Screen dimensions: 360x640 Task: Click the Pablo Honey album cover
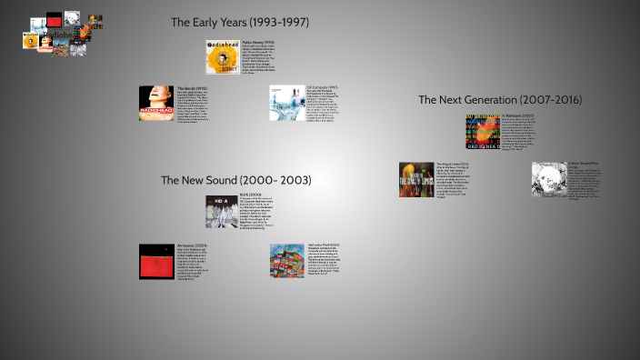[223, 56]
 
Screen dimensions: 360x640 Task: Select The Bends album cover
[156, 103]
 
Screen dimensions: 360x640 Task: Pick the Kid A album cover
[223, 211]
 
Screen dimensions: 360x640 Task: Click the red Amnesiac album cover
[156, 261]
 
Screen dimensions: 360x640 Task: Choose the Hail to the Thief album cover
[287, 261]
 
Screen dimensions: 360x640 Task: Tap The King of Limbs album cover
[416, 179]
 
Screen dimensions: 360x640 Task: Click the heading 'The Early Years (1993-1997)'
[240, 22]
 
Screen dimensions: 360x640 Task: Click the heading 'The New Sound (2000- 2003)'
[235, 180]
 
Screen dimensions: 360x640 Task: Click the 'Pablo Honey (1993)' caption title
[259, 43]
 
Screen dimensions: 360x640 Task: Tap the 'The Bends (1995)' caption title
[194, 87]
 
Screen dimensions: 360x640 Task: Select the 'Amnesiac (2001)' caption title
[194, 246]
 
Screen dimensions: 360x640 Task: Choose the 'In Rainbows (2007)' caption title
[518, 117]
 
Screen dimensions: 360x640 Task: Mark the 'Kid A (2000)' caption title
[250, 195]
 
